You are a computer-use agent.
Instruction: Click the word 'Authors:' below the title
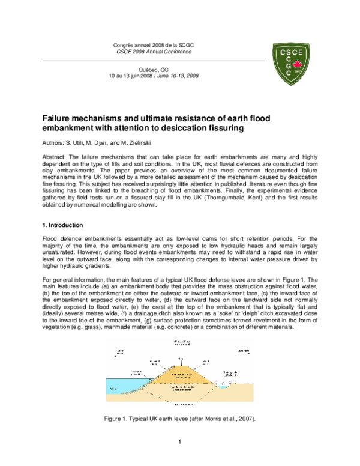coord(53,144)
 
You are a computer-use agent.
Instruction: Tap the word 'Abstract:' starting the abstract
coord(54,157)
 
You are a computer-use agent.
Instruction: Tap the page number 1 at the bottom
coord(179,444)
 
